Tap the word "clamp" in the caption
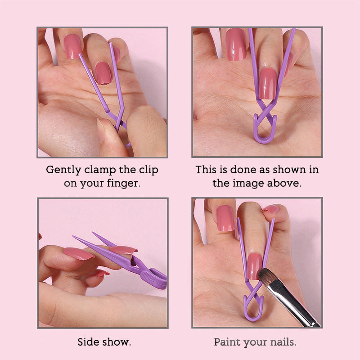pos(98,171)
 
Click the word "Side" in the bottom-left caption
pos(87,342)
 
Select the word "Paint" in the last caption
pos(227,342)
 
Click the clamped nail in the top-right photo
pos(268,83)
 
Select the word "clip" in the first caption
pos(148,171)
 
